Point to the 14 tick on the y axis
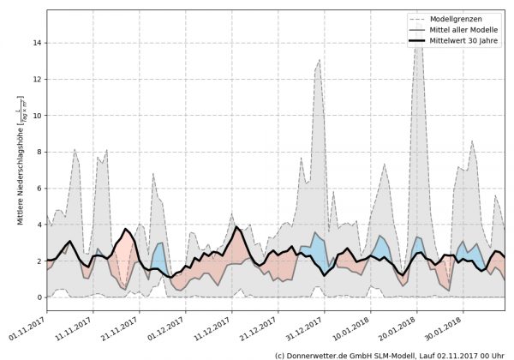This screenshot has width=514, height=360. (39, 42)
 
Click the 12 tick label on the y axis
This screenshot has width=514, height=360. (39, 79)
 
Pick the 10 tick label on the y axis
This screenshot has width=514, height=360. (39, 115)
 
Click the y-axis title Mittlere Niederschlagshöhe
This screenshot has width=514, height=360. (21, 160)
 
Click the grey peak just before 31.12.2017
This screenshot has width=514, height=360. (320, 60)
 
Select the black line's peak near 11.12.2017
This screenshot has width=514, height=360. (237, 227)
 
